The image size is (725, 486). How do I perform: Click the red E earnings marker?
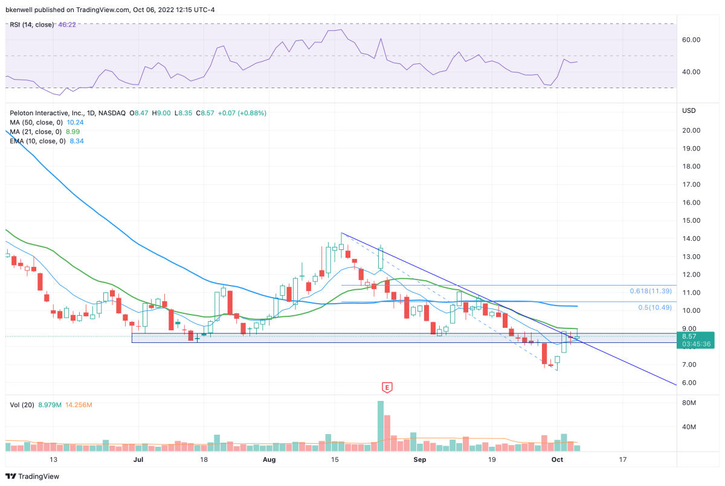pos(387,386)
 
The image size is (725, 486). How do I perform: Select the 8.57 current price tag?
pos(698,336)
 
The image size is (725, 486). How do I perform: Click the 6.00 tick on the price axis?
pos(689,383)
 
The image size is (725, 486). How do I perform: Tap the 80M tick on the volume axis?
pos(689,402)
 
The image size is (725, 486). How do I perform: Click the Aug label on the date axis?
pos(269,459)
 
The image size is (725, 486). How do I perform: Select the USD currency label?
pos(689,110)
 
